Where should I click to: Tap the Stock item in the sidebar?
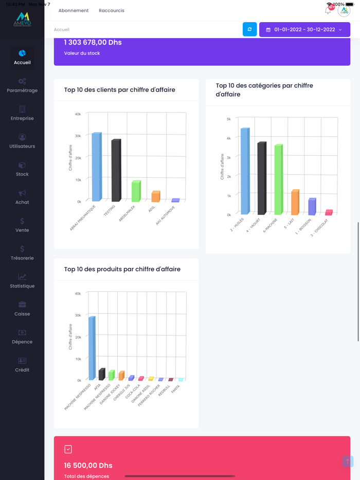22,169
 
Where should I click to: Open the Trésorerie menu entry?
22,252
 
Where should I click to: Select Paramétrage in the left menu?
22,85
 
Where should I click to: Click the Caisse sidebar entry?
22,308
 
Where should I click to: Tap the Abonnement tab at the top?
74,10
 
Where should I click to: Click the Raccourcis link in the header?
112,10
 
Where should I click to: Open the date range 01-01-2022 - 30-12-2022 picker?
304,30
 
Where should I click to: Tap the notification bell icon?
328,10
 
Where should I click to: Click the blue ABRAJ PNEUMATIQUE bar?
96,167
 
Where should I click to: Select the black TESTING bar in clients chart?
116,171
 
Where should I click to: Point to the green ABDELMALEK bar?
136,191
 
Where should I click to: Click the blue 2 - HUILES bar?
245,171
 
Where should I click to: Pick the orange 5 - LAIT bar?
295,202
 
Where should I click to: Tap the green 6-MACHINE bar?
278,179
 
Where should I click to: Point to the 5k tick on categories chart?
228,119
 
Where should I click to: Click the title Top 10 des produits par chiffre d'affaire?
122,269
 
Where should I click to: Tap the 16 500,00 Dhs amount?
88,466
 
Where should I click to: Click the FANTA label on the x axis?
176,390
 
